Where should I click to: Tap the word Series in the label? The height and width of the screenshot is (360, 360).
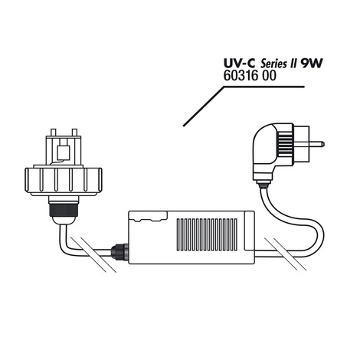273,64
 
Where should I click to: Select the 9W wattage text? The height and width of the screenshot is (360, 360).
311,64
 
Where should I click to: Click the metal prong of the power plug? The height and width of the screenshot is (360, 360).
316,144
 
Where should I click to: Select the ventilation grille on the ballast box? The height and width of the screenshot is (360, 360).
207,234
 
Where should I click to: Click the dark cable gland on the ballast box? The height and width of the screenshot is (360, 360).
119,252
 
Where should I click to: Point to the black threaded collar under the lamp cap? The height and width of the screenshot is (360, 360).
64,208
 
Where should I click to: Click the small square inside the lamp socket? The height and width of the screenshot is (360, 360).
64,152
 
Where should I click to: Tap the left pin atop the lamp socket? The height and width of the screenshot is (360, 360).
54,133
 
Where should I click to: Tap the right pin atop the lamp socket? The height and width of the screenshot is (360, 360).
74,133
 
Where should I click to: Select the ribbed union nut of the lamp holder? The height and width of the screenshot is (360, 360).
64,180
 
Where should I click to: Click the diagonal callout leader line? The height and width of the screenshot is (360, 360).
204,106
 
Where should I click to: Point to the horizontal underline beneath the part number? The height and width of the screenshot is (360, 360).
264,87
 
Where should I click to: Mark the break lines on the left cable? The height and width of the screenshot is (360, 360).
93,254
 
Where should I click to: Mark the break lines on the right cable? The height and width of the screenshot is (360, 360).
286,254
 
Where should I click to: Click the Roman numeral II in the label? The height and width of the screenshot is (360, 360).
292,64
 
